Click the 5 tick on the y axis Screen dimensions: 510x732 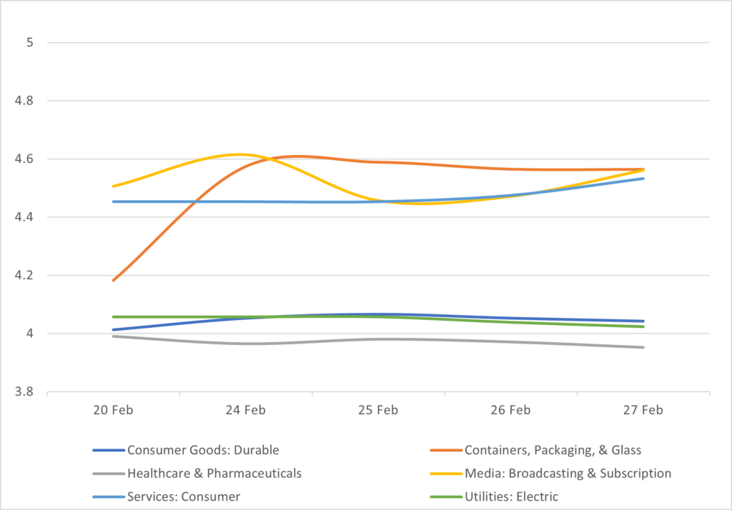[x=30, y=43]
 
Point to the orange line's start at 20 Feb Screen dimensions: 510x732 [x=113, y=281]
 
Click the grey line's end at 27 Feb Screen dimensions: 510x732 [x=643, y=347]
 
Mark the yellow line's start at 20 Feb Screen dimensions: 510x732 [x=113, y=186]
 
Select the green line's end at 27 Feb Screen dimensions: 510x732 [x=643, y=326]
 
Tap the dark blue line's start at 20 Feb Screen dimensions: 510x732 [x=113, y=330]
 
